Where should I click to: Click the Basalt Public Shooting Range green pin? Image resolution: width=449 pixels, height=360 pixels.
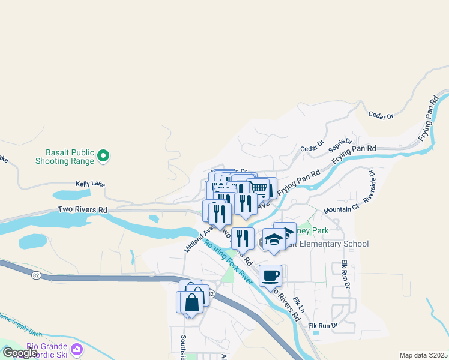103,156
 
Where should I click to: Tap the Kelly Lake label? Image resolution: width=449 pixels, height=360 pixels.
90,184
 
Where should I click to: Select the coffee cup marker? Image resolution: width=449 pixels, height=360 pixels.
270,276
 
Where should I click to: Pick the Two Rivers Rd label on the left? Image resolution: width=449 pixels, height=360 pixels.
82,209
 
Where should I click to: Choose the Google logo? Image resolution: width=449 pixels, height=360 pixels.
20,353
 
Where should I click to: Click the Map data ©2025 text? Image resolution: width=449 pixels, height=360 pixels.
423,355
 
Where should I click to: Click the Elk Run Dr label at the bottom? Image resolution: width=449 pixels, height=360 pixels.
323,326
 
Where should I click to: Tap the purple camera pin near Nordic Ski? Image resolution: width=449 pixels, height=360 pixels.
77,349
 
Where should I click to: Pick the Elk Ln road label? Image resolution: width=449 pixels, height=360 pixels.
299,303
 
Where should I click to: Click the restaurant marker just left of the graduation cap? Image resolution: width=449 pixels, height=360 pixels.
243,239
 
